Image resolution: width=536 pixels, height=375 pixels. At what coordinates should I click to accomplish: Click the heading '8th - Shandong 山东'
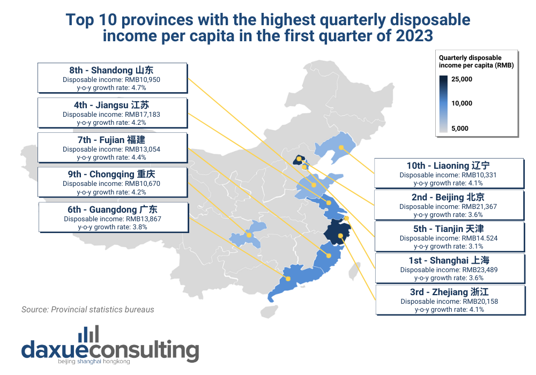(112, 70)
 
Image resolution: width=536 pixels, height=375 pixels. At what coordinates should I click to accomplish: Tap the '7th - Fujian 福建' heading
(112, 140)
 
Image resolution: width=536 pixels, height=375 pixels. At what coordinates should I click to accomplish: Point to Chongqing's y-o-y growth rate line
(112, 192)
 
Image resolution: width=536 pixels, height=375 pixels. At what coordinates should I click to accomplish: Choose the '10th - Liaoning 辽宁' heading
(449, 166)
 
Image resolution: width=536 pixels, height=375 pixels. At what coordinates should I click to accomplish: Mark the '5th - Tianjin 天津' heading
(449, 229)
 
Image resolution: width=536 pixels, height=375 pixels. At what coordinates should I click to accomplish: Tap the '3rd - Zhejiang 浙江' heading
(449, 292)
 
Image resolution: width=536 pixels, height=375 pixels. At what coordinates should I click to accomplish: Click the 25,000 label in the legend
(461, 79)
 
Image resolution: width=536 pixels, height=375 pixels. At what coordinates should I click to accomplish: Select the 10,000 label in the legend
(461, 103)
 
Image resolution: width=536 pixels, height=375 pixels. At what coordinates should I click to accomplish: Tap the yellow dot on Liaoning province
(341, 147)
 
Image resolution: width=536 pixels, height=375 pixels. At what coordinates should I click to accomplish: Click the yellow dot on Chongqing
(249, 235)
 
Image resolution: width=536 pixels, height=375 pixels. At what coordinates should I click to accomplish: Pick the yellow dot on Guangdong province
(288, 279)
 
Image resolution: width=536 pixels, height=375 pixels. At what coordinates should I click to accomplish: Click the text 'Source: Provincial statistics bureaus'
(88, 310)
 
